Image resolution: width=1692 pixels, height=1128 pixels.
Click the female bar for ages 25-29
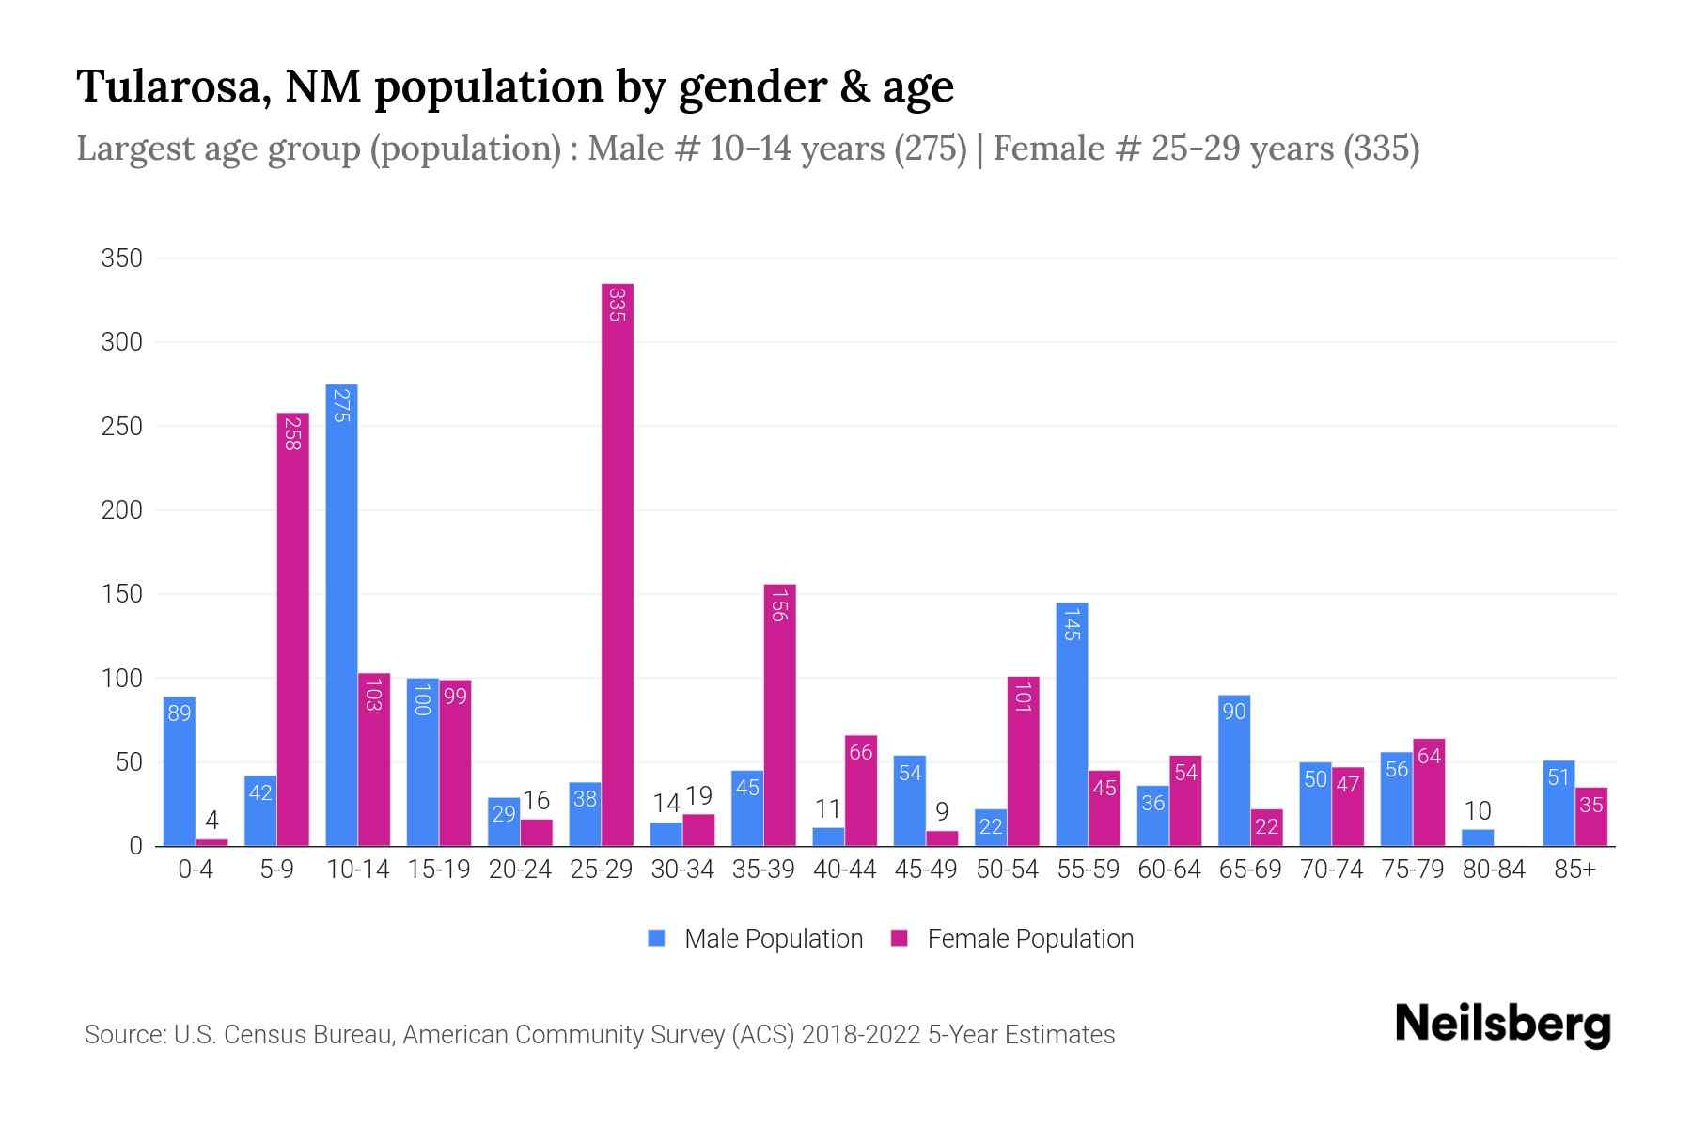point(618,564)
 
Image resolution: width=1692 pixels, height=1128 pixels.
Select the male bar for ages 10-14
point(341,616)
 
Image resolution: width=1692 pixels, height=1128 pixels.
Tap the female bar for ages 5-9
point(292,630)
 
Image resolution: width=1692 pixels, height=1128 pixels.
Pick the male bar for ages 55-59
point(1072,724)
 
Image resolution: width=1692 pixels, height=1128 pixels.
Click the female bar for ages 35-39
point(779,714)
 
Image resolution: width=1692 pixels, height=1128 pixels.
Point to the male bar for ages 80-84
point(1478,838)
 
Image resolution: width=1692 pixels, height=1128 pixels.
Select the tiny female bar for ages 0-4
point(211,842)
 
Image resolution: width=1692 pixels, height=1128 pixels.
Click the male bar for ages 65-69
point(1234,771)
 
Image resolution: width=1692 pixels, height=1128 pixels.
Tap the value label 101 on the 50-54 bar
point(1023,697)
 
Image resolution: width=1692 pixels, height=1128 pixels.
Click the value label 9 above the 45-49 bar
point(942,811)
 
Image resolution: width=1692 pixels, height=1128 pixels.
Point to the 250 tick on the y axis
point(122,427)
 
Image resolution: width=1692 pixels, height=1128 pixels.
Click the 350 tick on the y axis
point(122,258)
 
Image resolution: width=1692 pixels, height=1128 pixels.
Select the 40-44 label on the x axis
point(844,869)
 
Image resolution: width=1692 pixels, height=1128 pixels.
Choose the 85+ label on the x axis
point(1574,869)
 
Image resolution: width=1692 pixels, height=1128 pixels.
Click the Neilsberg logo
point(1502,1025)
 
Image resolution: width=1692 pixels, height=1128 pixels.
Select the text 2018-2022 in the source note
point(861,1035)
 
